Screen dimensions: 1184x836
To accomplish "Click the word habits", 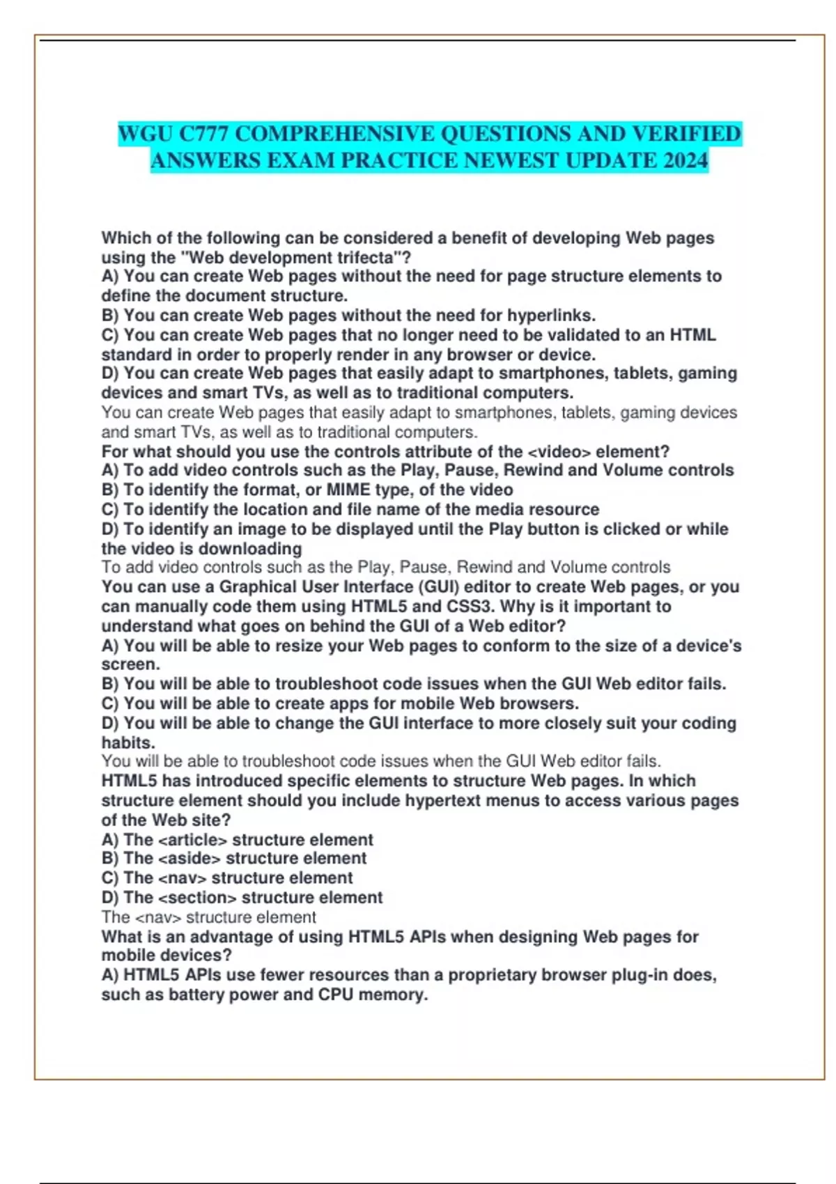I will coord(127,742).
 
